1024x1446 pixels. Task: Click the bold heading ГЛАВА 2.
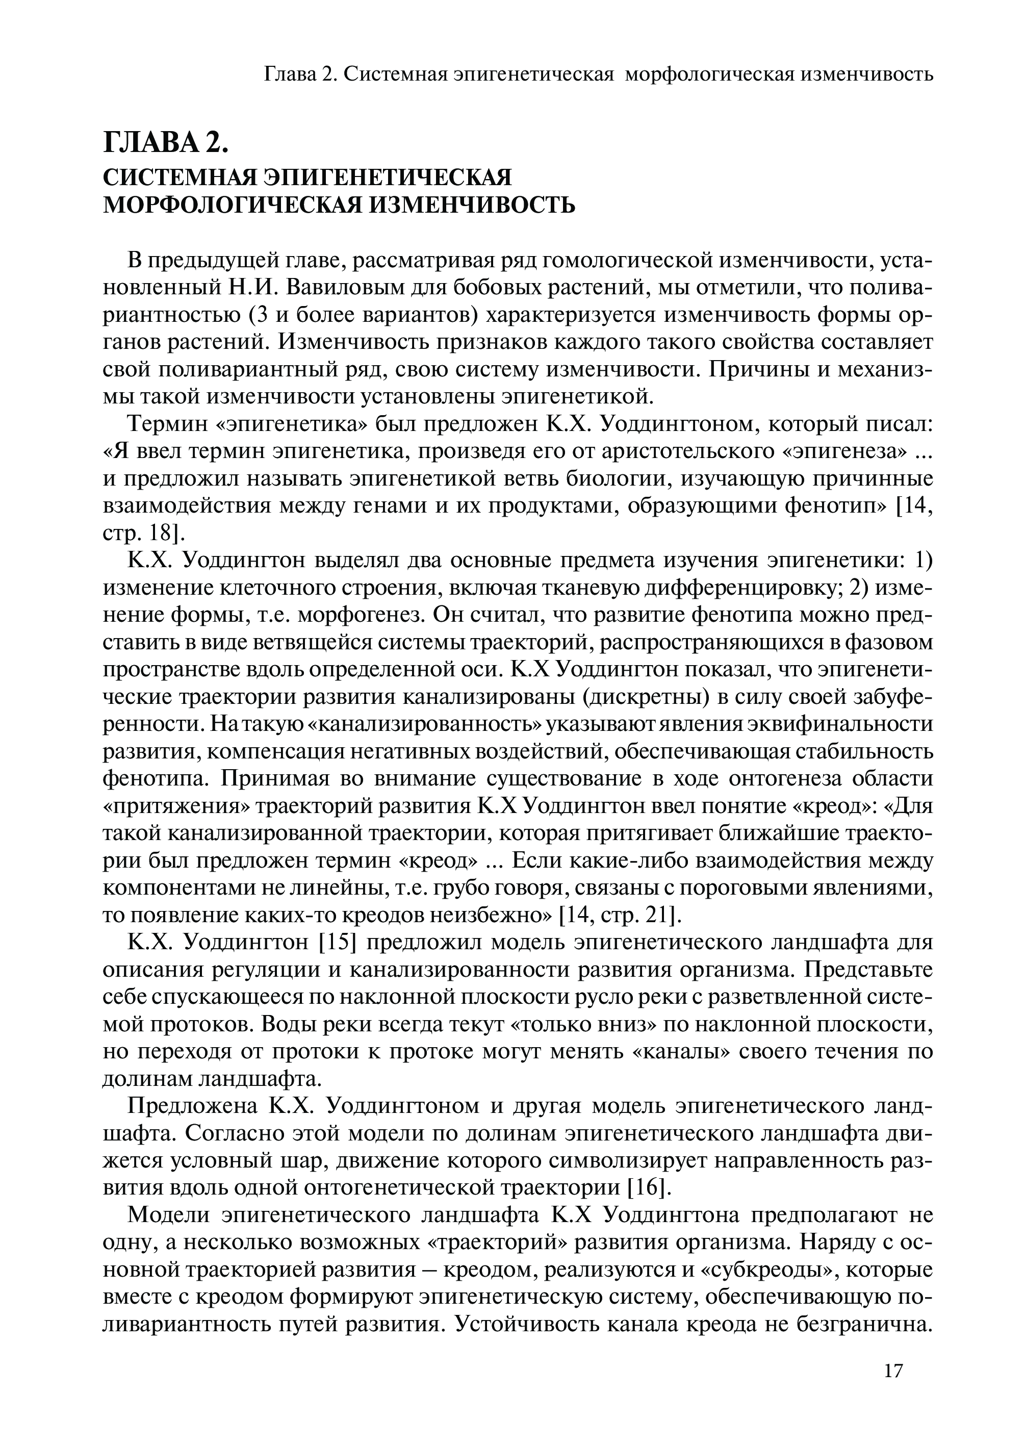point(165,144)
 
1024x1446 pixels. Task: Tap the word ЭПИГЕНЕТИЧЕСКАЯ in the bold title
point(388,177)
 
